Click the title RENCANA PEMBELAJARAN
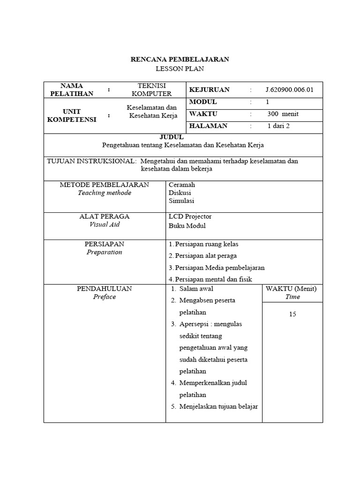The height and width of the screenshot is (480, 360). tap(180, 60)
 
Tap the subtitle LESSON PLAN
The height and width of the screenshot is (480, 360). tap(180, 69)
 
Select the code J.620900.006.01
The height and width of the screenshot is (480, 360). tap(289, 90)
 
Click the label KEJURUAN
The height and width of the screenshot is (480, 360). tap(209, 90)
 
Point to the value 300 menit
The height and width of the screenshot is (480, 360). tap(283, 114)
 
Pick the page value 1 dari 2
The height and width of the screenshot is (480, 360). tap(278, 126)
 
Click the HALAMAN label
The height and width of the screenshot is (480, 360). tap(208, 126)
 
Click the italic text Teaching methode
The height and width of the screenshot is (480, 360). tap(105, 193)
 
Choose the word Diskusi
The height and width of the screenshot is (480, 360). tap(180, 193)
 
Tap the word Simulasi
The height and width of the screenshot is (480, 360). tap(181, 201)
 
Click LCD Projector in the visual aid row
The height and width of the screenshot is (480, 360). tap(190, 217)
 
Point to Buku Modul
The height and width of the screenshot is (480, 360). tap(187, 225)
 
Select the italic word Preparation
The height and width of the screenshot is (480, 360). tap(104, 252)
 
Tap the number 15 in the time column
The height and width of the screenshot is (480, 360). tap(292, 314)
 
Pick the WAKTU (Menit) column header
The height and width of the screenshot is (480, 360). tap(291, 289)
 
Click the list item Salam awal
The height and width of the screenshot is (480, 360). tap(196, 289)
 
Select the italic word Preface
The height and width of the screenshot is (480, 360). tap(105, 297)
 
